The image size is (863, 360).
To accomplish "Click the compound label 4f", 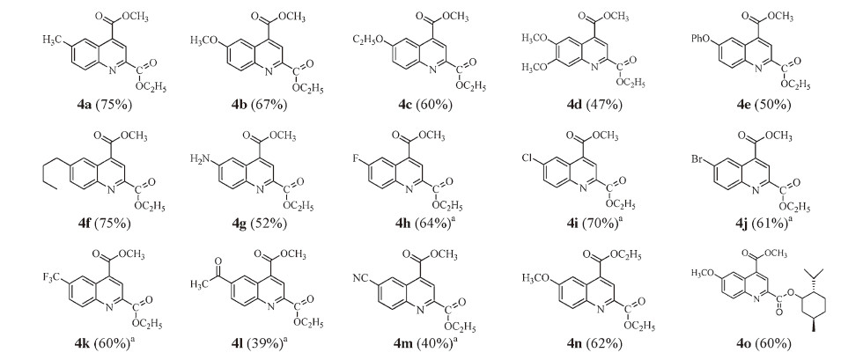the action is click(86, 223).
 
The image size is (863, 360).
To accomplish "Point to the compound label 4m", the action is click(402, 344).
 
